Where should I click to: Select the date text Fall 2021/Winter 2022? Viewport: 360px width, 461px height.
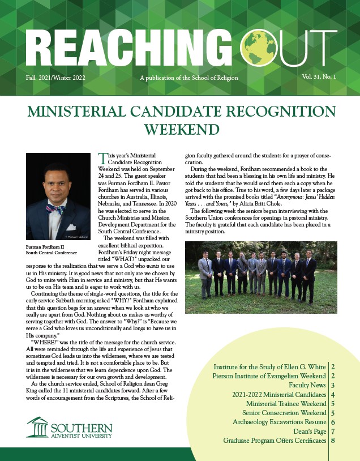[x=55, y=78]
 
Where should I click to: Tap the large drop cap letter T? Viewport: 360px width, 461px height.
[x=103, y=159]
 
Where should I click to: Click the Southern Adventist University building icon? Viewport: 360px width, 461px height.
[x=37, y=426]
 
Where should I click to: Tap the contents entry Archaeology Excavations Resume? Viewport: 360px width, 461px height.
[x=279, y=422]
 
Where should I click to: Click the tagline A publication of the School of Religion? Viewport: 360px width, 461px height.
[x=188, y=78]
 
